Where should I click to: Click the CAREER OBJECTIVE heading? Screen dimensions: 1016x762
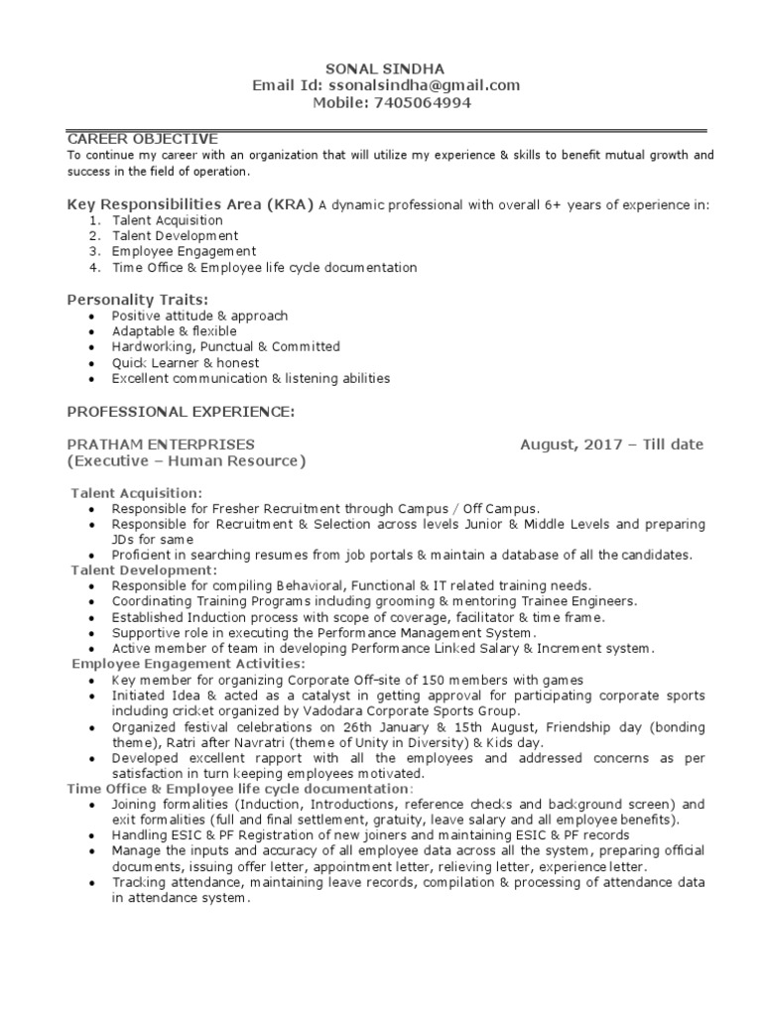(x=142, y=139)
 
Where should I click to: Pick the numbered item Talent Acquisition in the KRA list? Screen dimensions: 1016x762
(x=167, y=220)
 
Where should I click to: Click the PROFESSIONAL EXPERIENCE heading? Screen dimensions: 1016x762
(x=180, y=411)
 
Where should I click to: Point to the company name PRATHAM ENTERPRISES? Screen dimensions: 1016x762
(x=160, y=444)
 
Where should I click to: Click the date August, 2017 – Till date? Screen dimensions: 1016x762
(x=611, y=444)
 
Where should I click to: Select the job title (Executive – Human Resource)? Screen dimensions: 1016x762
(x=186, y=461)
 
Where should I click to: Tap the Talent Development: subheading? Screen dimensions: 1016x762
(x=143, y=571)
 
